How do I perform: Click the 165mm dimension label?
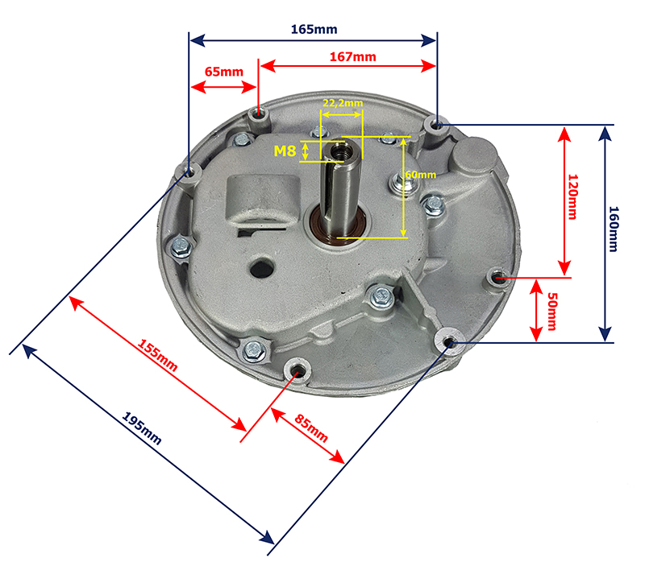tap(314, 30)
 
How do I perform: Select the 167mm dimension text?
tap(352, 56)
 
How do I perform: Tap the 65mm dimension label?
tap(223, 72)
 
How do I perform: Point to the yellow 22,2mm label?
tap(342, 104)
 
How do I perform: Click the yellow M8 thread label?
tap(285, 150)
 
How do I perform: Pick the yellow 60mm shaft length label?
tap(420, 175)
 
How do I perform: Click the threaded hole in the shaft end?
tap(339, 150)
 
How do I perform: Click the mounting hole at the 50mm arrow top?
tap(498, 278)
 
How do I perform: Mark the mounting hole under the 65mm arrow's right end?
tap(258, 114)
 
